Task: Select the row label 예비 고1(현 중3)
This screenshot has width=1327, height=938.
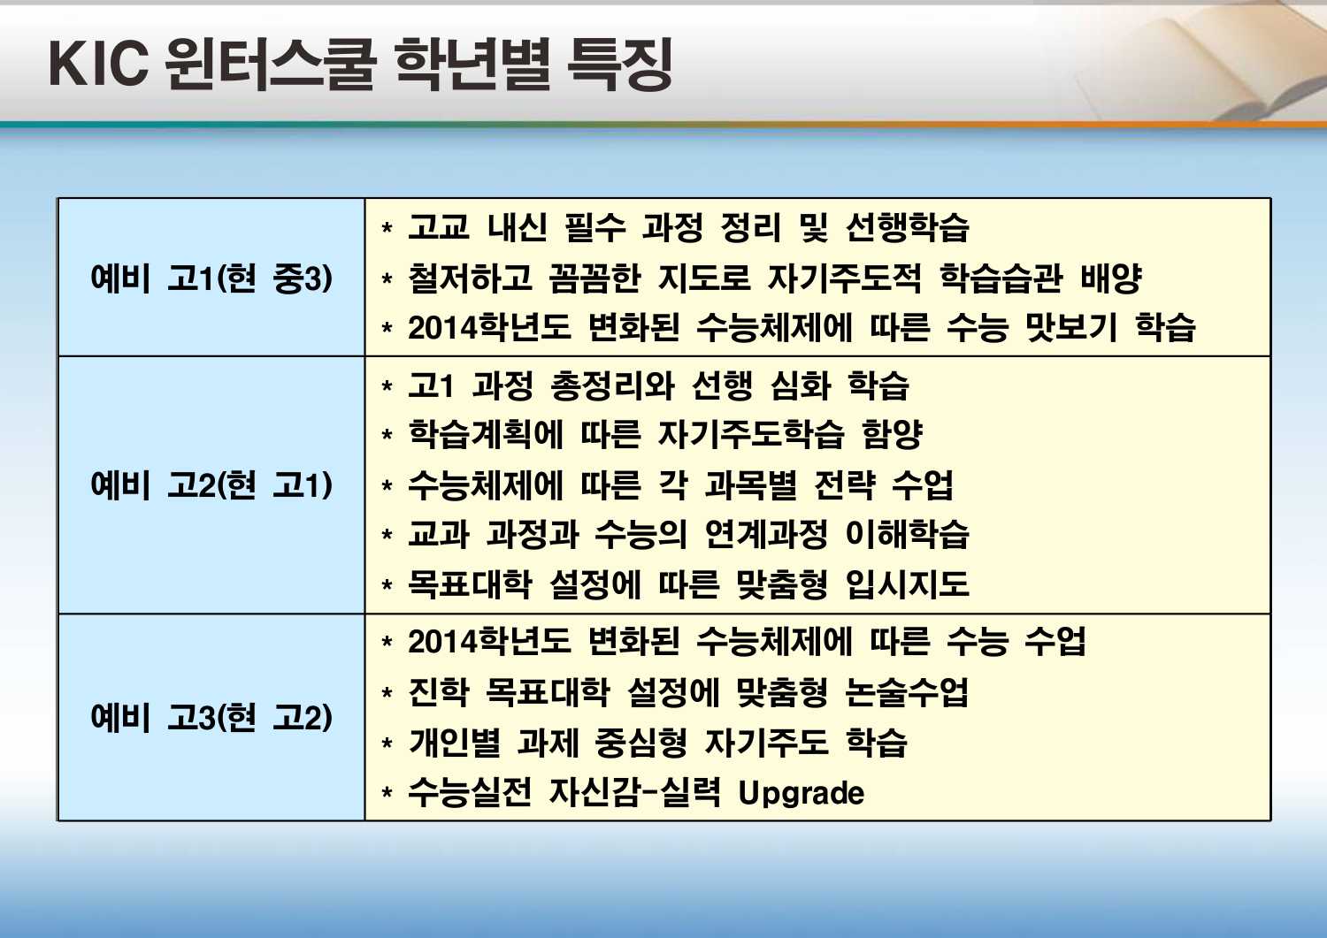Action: coord(211,278)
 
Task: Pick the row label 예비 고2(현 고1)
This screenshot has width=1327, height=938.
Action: coord(211,485)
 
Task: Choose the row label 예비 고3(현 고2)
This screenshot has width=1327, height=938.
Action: coord(211,718)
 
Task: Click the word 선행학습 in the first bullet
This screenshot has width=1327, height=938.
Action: coord(907,228)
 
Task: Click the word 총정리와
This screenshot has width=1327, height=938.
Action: coord(612,385)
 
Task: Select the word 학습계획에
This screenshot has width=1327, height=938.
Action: coord(485,435)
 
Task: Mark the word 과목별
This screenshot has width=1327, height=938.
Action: coord(751,485)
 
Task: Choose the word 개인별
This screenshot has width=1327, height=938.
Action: coord(454,743)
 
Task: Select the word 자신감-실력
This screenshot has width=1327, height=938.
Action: coord(635,792)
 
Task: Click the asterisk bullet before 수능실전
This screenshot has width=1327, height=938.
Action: coord(387,792)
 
